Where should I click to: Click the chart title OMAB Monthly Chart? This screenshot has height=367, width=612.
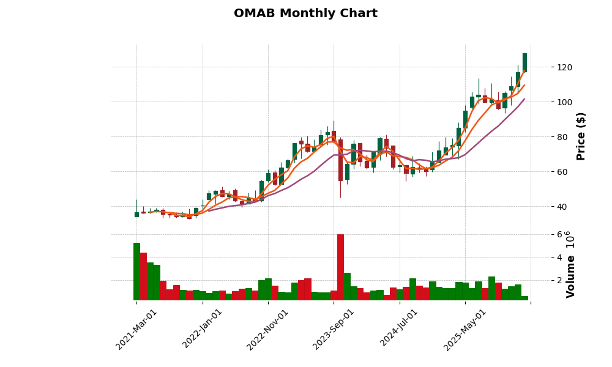305,13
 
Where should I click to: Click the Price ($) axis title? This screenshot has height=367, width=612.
581,136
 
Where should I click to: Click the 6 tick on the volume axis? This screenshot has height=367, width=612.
542,235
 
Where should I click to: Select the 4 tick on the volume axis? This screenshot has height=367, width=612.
542,258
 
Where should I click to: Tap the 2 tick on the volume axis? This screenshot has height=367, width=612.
542,281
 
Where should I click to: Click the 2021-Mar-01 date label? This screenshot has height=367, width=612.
136,329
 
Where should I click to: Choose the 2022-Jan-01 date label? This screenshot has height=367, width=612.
203,329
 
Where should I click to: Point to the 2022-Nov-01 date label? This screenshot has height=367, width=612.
268,329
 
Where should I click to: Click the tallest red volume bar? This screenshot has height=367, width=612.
340,267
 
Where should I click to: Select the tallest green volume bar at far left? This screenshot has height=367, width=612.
136,272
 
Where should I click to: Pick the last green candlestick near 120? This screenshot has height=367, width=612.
524,62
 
